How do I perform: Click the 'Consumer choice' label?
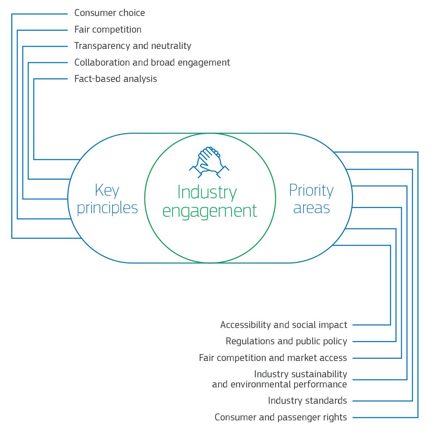point(110,13)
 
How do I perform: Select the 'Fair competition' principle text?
point(108,29)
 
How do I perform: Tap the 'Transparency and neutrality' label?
point(133,46)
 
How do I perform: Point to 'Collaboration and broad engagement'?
point(152,62)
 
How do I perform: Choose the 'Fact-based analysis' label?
point(115,79)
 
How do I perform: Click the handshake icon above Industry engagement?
point(209,162)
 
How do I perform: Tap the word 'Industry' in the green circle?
point(207,192)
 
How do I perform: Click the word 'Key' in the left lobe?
point(107,191)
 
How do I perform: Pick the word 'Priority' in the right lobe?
point(311,191)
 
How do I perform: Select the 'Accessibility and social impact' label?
point(284,325)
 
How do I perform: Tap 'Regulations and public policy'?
point(286,341)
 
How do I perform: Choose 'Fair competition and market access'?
point(273,358)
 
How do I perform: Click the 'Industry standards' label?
point(307,401)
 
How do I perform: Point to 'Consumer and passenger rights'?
point(281,418)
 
